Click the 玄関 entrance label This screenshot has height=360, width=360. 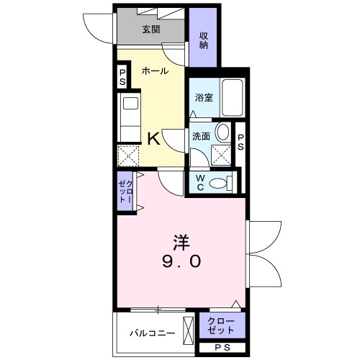(x=150, y=30)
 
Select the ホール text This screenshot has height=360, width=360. (x=155, y=71)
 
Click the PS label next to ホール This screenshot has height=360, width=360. (x=122, y=77)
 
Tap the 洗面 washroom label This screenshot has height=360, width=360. (x=201, y=136)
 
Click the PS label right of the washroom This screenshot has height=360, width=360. (x=241, y=141)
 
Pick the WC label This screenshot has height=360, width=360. (x=199, y=183)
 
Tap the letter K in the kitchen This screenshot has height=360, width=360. (x=153, y=138)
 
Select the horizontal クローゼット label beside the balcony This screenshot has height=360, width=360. (x=220, y=325)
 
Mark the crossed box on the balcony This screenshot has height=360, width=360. (x=189, y=332)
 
